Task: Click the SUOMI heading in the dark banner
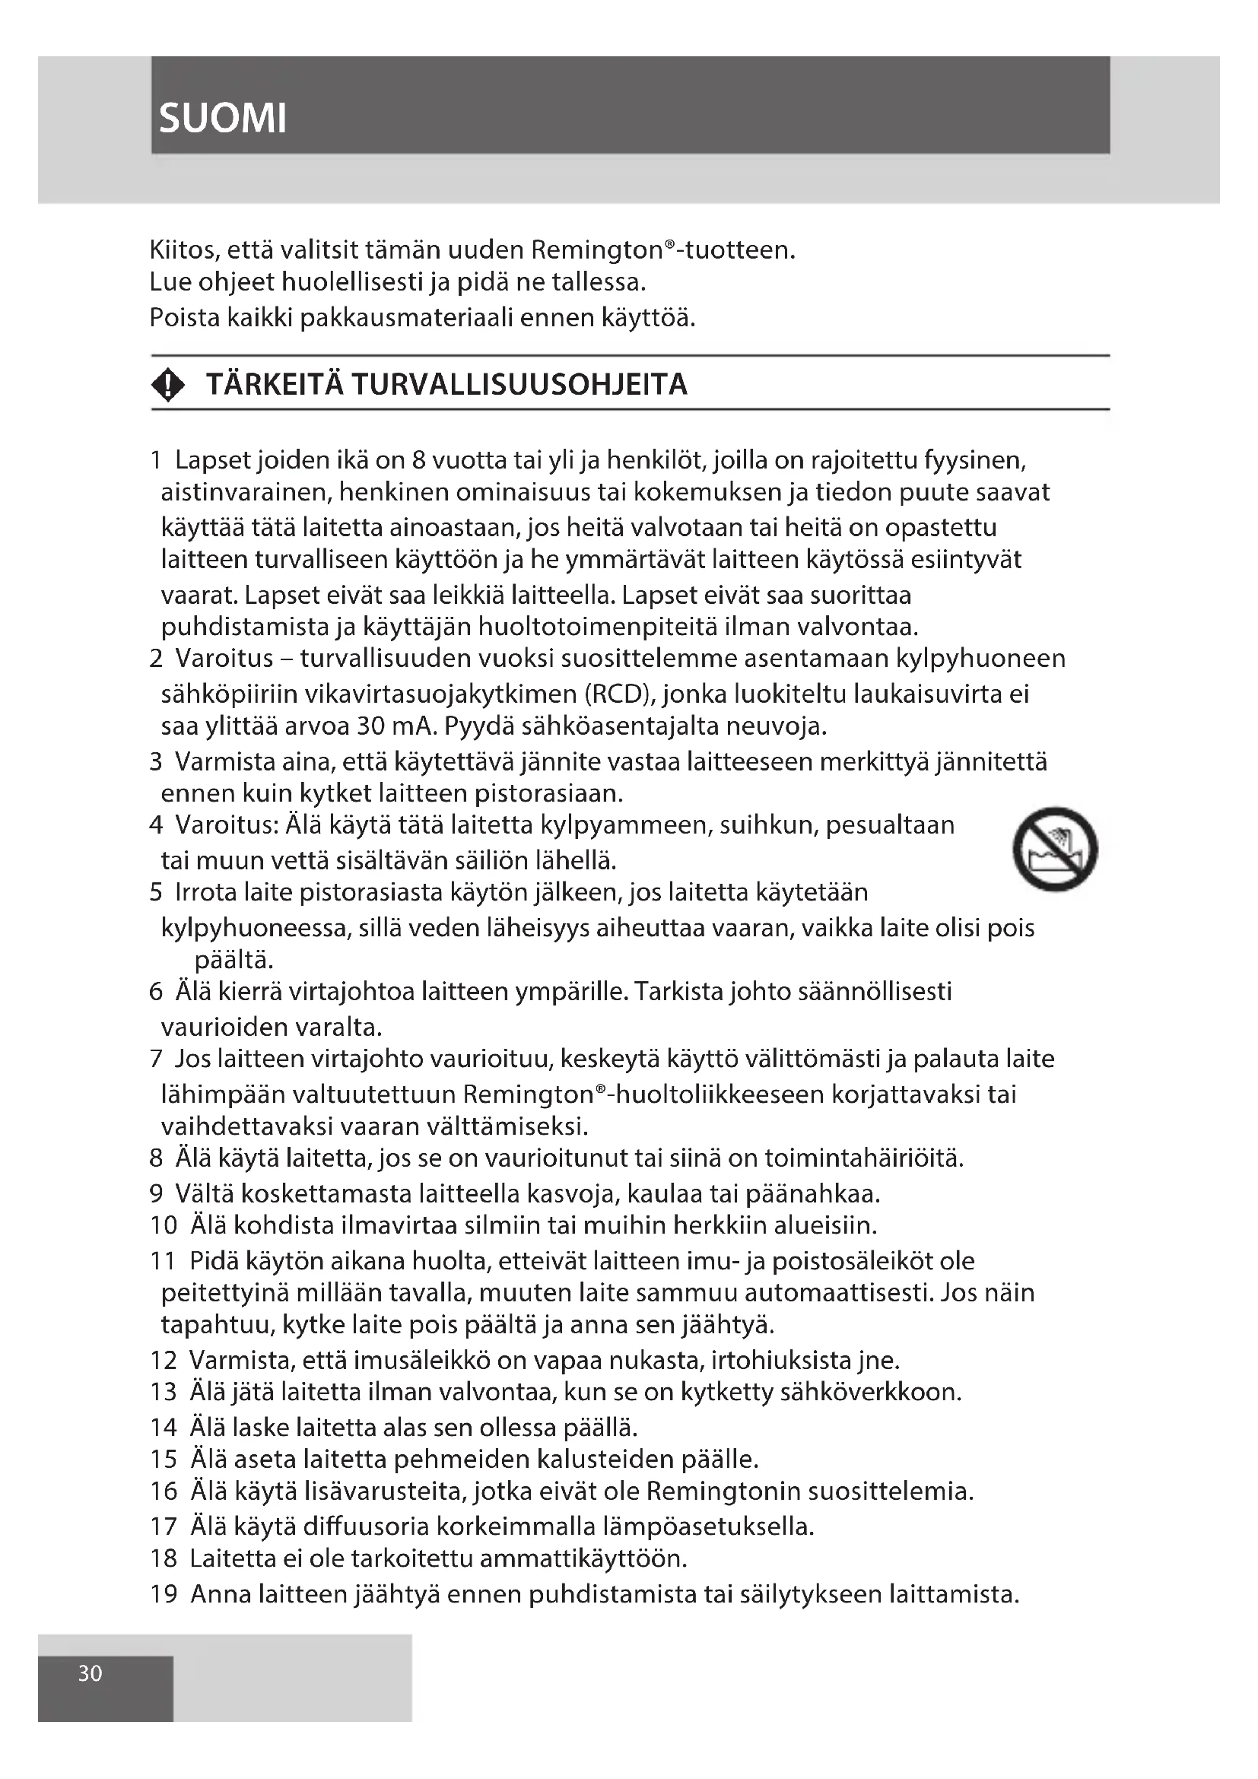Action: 222,119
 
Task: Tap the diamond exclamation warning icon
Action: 168,385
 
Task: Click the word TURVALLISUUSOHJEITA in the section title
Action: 519,385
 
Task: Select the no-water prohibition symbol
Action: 1055,850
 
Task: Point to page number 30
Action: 90,1673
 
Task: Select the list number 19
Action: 164,1594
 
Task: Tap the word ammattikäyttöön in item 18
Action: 583,1558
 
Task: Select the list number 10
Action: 164,1225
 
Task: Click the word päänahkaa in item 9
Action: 812,1194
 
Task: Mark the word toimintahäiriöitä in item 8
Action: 864,1158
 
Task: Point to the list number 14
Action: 164,1427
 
